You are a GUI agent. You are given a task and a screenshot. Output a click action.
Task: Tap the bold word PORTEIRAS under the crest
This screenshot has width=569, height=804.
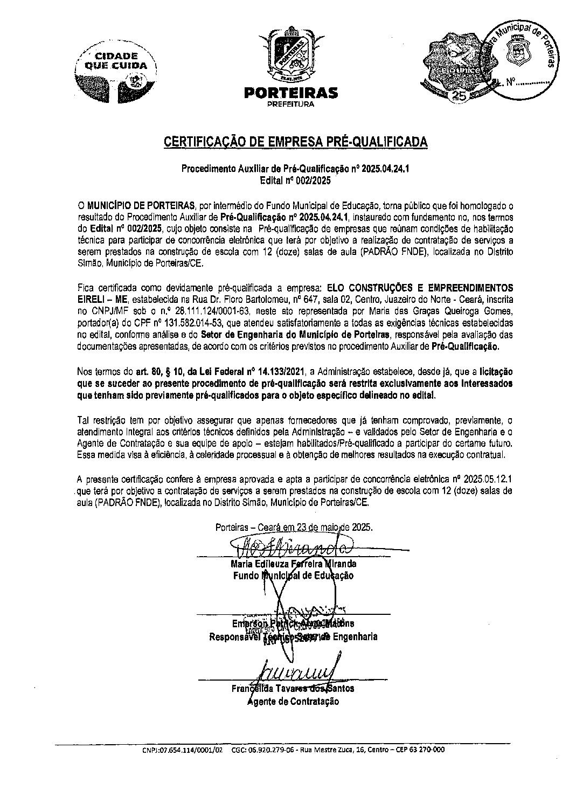point(291,93)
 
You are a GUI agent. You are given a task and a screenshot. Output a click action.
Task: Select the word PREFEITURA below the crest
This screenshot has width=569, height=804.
point(291,105)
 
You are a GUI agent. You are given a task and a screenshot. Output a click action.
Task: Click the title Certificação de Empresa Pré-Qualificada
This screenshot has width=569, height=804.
point(296,142)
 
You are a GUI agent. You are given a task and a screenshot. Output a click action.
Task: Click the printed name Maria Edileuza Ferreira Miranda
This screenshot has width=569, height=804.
point(293,564)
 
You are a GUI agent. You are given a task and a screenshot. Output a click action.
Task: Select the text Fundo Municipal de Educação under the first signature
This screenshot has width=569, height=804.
point(293,576)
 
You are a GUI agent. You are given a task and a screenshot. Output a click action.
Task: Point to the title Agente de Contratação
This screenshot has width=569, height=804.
point(293,701)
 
